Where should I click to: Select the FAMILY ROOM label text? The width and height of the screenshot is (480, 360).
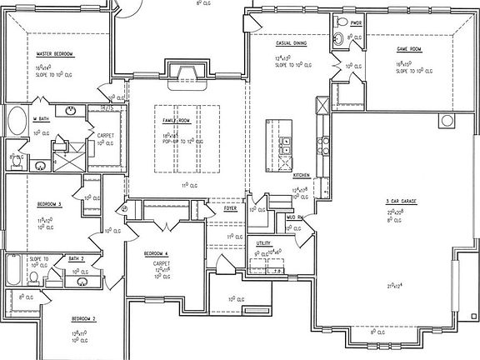pyautogui.click(x=177, y=121)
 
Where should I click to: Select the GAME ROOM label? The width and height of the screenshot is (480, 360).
pyautogui.click(x=412, y=49)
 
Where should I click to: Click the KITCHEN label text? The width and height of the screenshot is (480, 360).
pyautogui.click(x=302, y=176)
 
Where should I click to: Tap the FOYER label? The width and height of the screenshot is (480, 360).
pyautogui.click(x=229, y=209)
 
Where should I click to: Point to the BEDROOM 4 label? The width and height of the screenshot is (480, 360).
pyautogui.click(x=157, y=253)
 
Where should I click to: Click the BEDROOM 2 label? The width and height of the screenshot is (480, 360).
pyautogui.click(x=82, y=319)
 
